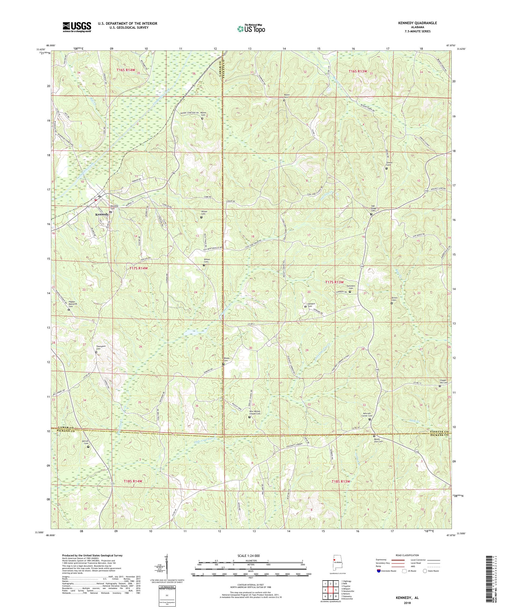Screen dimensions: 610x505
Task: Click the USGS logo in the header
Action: pyautogui.click(x=77, y=27)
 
